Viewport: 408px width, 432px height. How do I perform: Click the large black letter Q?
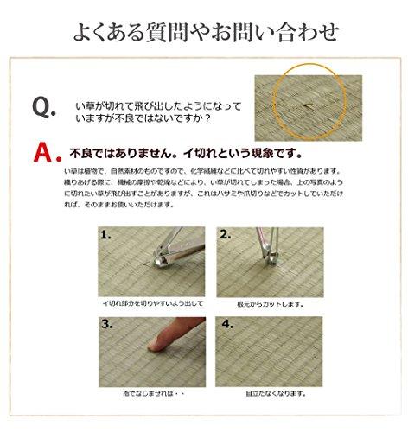(44, 106)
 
